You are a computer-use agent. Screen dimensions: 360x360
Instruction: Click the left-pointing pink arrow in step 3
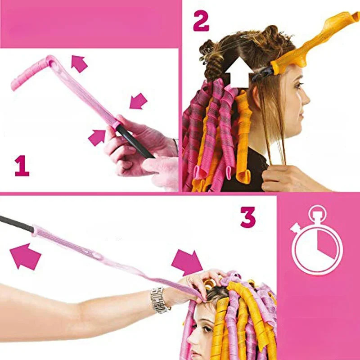click(x=25, y=256)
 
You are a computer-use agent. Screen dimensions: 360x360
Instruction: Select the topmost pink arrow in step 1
click(x=79, y=63)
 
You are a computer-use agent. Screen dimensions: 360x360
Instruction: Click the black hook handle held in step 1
click(x=135, y=142)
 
